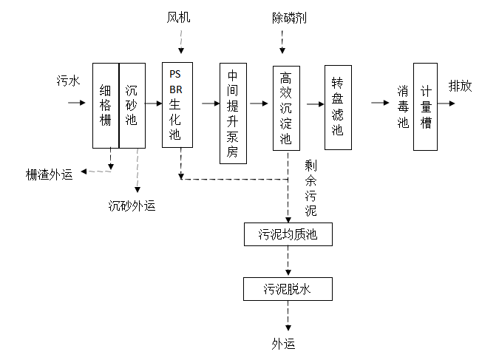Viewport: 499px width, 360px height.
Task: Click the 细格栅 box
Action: pos(105,105)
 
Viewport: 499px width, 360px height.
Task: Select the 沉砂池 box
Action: pos(132,105)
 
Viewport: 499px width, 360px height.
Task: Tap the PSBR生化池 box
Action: pos(175,104)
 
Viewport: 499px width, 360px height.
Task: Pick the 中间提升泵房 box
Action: pos(232,112)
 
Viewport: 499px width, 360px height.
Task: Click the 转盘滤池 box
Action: pos(337,107)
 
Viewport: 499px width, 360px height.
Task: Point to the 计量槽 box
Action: pos(426,107)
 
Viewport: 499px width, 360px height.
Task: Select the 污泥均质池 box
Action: pos(288,235)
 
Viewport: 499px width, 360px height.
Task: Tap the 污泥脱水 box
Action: pos(288,288)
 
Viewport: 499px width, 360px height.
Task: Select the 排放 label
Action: pos(461,86)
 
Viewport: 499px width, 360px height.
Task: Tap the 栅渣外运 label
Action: pos(50,174)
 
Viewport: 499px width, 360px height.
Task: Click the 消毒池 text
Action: pos(402,107)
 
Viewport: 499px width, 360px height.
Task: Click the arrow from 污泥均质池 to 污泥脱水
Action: pos(288,261)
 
